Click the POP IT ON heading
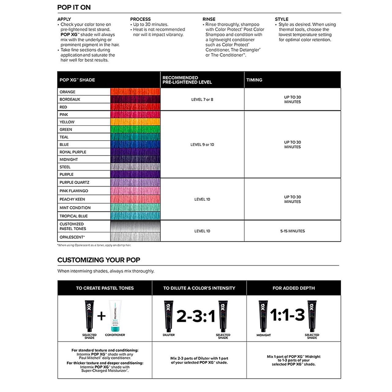(74, 7)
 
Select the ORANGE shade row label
(67, 92)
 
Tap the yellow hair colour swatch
(135, 122)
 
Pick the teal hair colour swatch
(135, 137)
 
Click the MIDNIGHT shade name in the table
(69, 160)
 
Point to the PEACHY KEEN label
(72, 199)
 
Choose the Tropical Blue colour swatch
(135, 216)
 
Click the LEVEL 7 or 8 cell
(202, 100)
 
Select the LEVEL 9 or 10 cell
(202, 145)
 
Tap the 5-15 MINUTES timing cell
(292, 231)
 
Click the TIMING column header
(254, 80)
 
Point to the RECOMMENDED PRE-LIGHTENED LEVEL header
(187, 80)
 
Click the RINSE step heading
(209, 19)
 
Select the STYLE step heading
(281, 19)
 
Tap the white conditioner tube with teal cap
(115, 315)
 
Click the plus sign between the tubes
(101, 316)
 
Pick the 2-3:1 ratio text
(196, 316)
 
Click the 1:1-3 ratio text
(287, 315)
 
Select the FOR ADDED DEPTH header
(293, 288)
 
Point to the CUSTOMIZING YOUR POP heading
(99, 260)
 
